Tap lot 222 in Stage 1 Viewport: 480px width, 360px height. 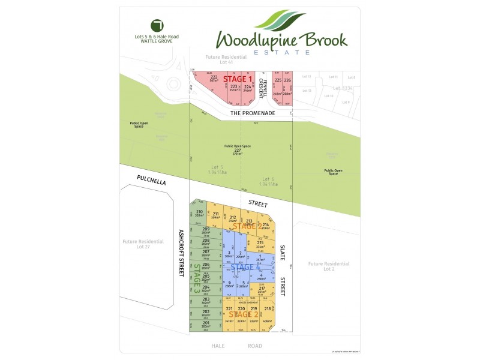(x=213, y=80)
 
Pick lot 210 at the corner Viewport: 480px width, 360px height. (x=199, y=214)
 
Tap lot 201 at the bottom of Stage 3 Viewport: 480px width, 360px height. (x=206, y=325)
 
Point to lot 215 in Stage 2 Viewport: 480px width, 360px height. (x=260, y=244)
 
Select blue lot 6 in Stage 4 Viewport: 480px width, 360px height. (x=229, y=285)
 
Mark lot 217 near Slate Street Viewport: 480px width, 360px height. (x=262, y=290)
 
